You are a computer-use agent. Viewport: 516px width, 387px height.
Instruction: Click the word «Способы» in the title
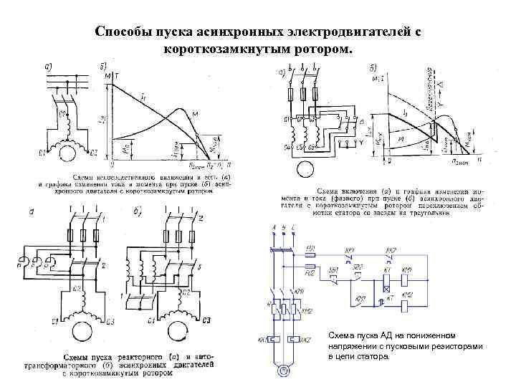[123, 32]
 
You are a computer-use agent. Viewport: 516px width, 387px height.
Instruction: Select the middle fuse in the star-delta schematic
[302, 94]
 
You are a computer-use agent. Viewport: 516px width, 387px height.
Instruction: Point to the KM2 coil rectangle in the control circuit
[407, 303]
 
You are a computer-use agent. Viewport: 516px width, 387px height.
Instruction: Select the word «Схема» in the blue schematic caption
[340, 335]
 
